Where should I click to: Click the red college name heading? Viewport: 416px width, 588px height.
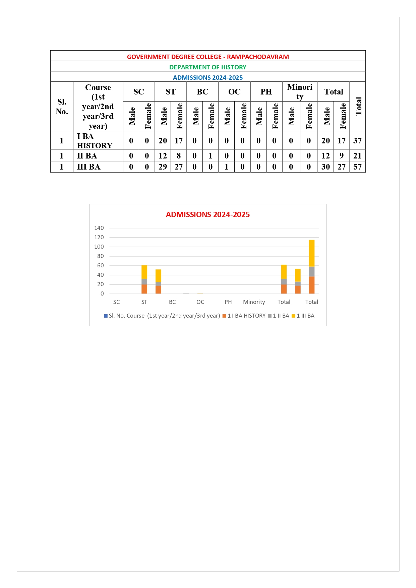pyautogui.click(x=208, y=57)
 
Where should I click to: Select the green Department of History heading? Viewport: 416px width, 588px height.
pyautogui.click(x=208, y=67)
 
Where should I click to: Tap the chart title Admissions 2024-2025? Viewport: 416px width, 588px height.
pyautogui.click(x=208, y=214)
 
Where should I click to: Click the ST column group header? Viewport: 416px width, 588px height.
pyautogui.click(x=170, y=92)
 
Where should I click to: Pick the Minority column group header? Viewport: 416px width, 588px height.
pyautogui.click(x=300, y=91)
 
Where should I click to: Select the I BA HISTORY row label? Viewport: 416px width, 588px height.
pyautogui.click(x=95, y=141)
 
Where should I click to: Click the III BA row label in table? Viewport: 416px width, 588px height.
pyautogui.click(x=89, y=167)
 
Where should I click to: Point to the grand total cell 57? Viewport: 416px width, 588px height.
pyautogui.click(x=357, y=167)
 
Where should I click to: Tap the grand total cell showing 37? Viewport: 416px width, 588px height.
pyautogui.click(x=357, y=141)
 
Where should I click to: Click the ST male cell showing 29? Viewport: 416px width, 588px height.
pyautogui.click(x=163, y=167)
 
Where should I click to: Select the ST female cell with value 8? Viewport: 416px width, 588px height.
pyautogui.click(x=179, y=156)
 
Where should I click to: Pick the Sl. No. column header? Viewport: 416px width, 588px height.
pyautogui.click(x=62, y=107)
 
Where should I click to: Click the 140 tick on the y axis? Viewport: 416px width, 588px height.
pyautogui.click(x=99, y=228)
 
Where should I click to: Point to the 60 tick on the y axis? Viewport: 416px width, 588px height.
pyautogui.click(x=100, y=265)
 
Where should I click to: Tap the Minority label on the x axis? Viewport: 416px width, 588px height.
pyautogui.click(x=254, y=302)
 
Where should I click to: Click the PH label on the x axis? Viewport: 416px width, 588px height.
pyautogui.click(x=228, y=302)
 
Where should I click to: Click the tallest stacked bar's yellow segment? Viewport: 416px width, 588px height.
pyautogui.click(x=311, y=253)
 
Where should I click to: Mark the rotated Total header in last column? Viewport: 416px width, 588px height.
pyautogui.click(x=358, y=106)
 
